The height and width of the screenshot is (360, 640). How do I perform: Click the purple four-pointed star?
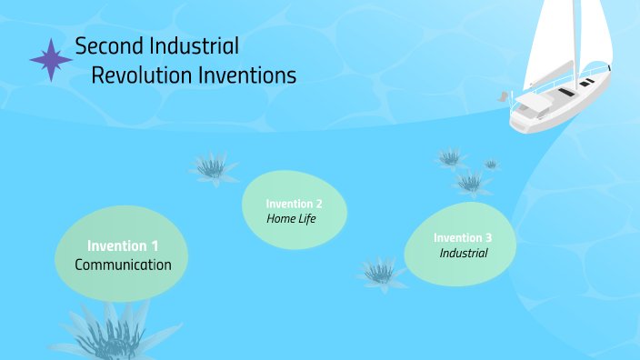click(x=51, y=60)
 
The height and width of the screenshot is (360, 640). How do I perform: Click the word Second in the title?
click(x=106, y=45)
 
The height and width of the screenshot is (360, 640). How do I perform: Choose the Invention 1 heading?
click(x=123, y=245)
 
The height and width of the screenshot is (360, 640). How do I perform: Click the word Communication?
click(x=123, y=265)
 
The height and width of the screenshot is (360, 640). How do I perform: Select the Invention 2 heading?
click(x=294, y=203)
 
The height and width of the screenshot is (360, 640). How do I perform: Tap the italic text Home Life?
click(x=291, y=218)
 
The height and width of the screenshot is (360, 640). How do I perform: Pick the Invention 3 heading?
click(x=463, y=237)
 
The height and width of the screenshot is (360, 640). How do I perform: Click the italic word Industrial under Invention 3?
click(x=464, y=254)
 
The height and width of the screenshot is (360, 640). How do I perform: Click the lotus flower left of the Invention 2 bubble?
click(x=211, y=166)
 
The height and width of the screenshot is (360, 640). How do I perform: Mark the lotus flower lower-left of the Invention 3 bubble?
click(x=381, y=271)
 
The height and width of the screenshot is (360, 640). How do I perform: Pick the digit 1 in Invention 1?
click(x=155, y=245)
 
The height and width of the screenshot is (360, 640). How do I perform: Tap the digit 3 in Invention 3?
click(x=488, y=237)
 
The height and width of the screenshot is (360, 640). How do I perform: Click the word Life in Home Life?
click(x=306, y=218)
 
